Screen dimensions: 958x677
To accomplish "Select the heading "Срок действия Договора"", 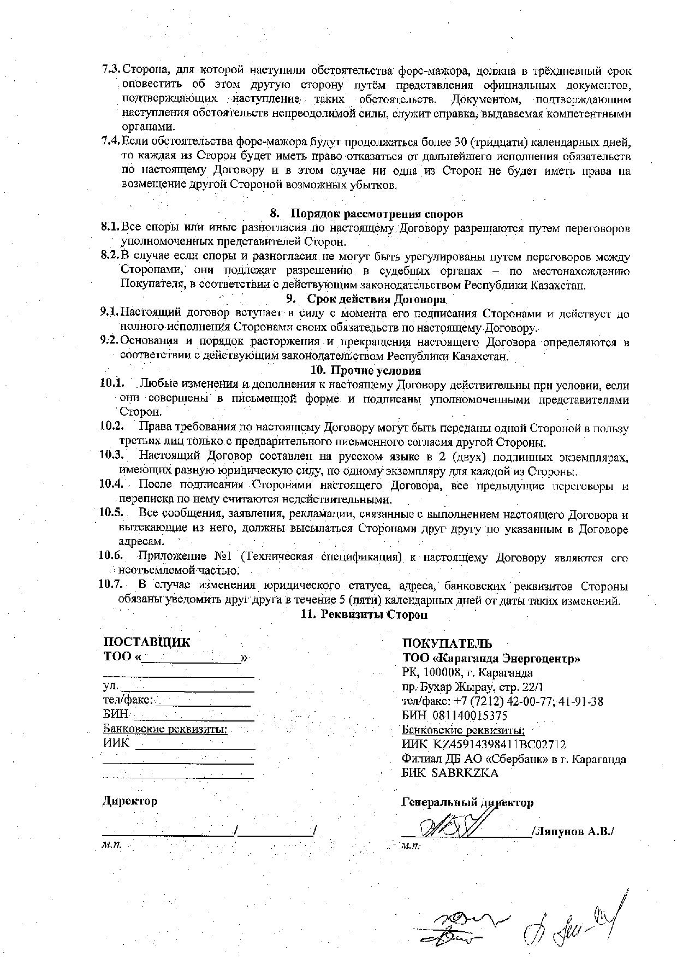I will point(376,299).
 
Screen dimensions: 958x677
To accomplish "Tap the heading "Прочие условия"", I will point(375,370).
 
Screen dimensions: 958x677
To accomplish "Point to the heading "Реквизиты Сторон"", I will point(373,614).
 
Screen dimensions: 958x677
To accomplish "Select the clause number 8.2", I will point(110,256).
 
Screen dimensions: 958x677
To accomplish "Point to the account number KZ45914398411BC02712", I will point(499,744).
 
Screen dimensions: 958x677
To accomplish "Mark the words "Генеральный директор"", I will point(467,802).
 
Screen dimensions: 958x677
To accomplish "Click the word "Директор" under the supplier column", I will point(130,801).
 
